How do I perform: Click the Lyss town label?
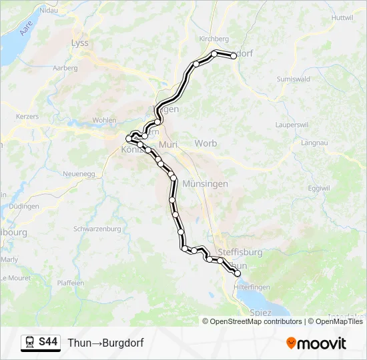[x=79, y=43]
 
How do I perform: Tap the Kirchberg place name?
[x=214, y=39]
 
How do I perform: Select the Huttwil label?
[x=341, y=17]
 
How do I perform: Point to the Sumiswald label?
[x=293, y=79]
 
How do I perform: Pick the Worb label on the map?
[x=206, y=143]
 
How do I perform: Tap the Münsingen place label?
[x=205, y=183]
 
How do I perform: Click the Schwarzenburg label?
[x=97, y=229]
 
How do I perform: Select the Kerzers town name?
[x=27, y=116]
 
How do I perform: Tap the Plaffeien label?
[x=71, y=283]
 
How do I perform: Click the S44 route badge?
[x=48, y=343]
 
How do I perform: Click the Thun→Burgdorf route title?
[x=105, y=343]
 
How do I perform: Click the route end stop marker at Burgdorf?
[x=234, y=56]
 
